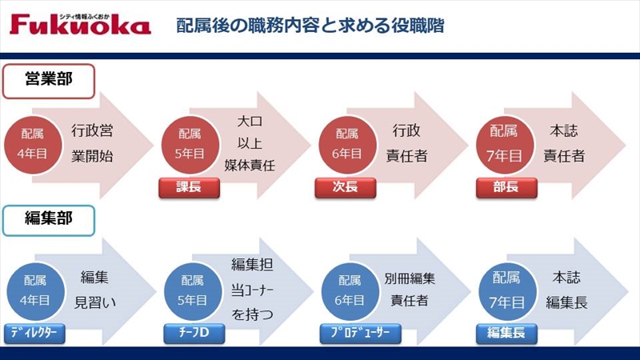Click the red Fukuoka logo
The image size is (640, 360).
[x=80, y=24]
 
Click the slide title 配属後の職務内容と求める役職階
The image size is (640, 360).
[x=310, y=26]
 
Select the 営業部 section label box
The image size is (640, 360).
[x=49, y=82]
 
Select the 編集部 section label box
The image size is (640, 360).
[x=49, y=221]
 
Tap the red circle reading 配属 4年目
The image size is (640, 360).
[x=33, y=145]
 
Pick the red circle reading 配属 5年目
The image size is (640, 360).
[x=190, y=145]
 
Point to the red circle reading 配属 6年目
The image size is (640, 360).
[x=347, y=145]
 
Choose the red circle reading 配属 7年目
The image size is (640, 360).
[x=505, y=145]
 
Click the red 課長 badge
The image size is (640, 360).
[x=189, y=188]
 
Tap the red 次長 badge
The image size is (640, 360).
[x=346, y=188]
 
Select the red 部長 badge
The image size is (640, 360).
[x=506, y=188]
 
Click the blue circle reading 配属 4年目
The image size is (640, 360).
[x=35, y=291]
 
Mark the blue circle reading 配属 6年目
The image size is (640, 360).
[x=350, y=291]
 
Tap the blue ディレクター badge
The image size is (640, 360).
[x=34, y=334]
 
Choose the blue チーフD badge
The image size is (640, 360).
[x=194, y=334]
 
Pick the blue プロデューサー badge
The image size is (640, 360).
[x=361, y=334]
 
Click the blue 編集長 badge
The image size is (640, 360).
[x=506, y=334]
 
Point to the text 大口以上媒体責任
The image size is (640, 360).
[x=250, y=143]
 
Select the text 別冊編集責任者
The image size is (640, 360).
[x=410, y=290]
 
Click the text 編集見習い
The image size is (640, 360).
[x=94, y=290]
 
